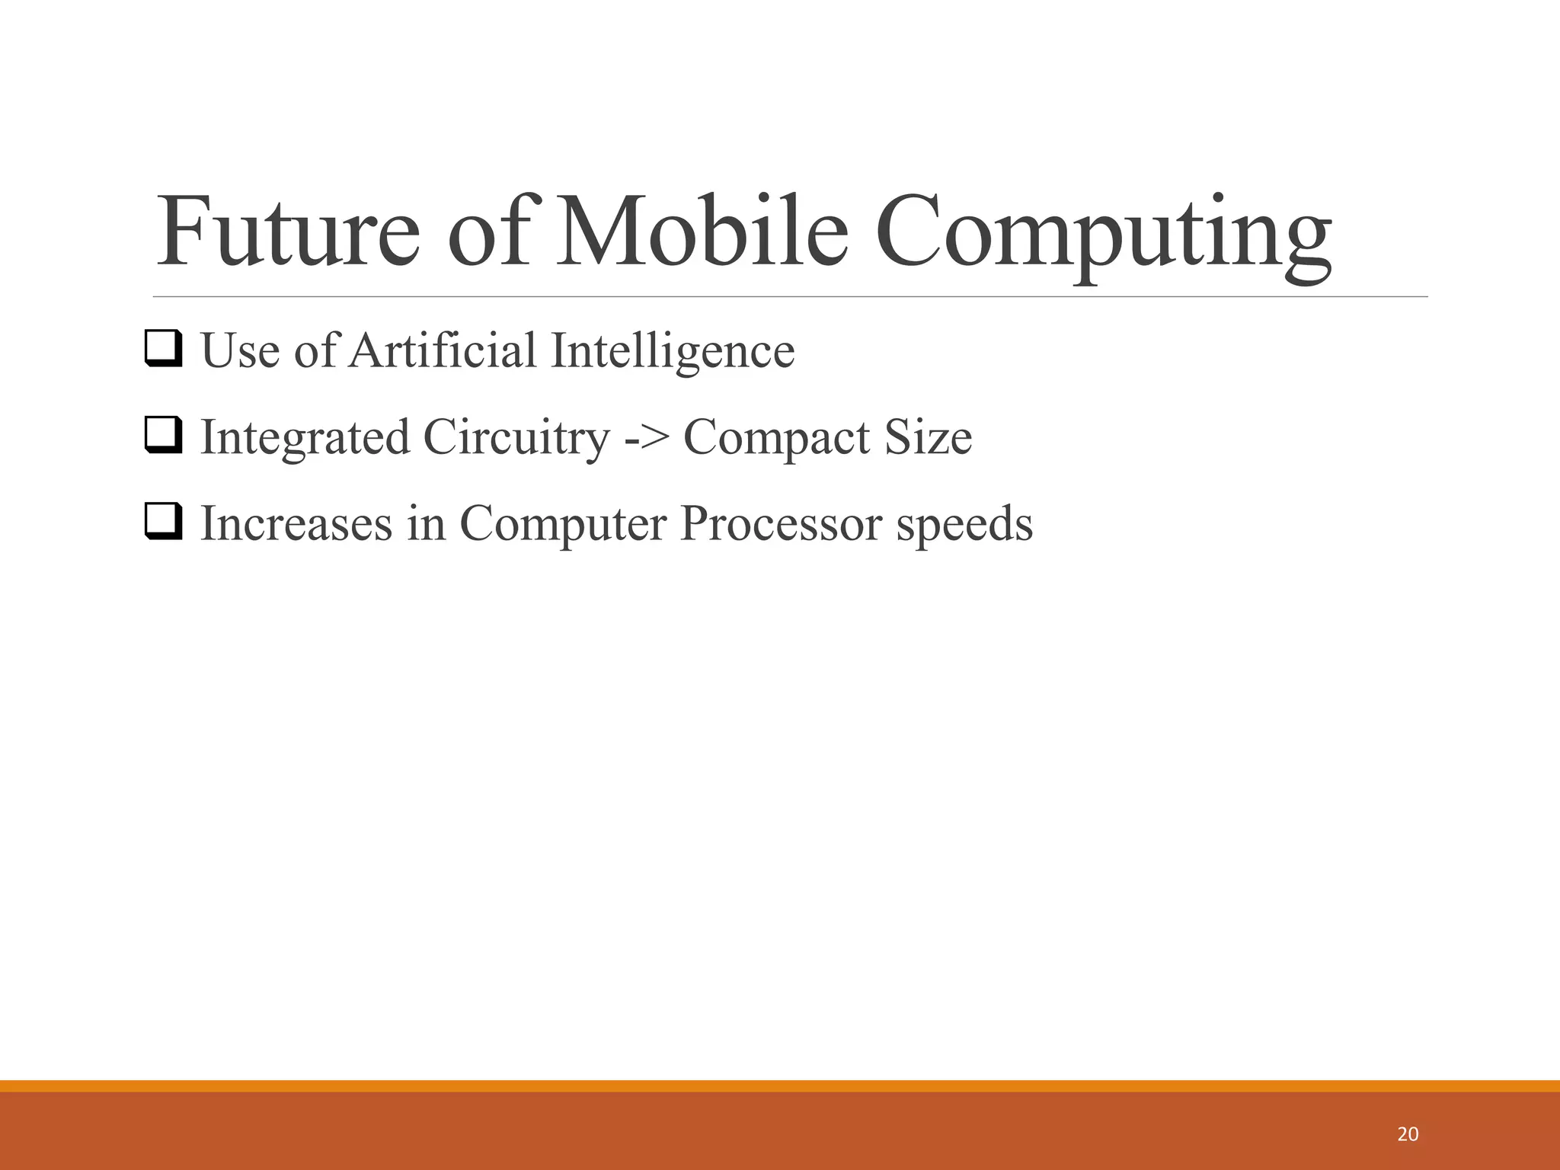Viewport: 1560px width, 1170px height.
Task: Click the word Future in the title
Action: click(288, 232)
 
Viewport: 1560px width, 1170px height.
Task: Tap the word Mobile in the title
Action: click(702, 232)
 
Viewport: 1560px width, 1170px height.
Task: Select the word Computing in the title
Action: click(1103, 236)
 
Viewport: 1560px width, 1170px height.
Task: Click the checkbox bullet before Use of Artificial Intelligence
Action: click(164, 349)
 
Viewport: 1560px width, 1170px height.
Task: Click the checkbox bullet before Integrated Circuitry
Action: click(164, 436)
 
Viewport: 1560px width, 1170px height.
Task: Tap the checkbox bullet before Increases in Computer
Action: click(164, 523)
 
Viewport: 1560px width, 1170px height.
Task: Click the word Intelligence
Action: click(673, 352)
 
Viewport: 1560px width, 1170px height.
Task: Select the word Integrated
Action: click(305, 439)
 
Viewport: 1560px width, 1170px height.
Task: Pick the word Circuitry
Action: click(516, 439)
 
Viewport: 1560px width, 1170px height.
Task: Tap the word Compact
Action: click(776, 439)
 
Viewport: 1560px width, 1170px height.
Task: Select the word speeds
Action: click(964, 526)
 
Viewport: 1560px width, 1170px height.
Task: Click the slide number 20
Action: click(1408, 1134)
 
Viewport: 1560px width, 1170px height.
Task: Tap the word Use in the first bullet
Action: click(240, 352)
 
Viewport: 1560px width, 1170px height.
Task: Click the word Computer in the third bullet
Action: click(563, 526)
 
